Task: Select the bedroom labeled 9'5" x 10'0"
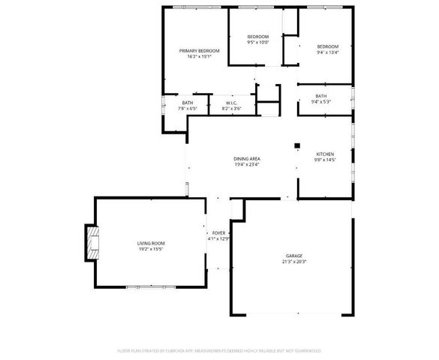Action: (257, 43)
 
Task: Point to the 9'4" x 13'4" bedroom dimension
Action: (328, 52)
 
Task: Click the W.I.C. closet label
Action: (231, 103)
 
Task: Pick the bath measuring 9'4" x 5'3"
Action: (320, 102)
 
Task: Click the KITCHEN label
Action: (324, 154)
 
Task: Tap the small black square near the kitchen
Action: (297, 145)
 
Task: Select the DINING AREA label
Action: (246, 159)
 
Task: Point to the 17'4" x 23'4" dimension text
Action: (246, 165)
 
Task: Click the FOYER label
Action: (218, 233)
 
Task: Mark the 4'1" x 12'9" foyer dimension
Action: (218, 239)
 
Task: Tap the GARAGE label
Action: (293, 256)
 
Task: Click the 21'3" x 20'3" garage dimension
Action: (293, 262)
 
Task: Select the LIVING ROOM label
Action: (151, 243)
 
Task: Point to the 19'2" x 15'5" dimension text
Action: (151, 249)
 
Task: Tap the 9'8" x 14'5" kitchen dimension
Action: (324, 160)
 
